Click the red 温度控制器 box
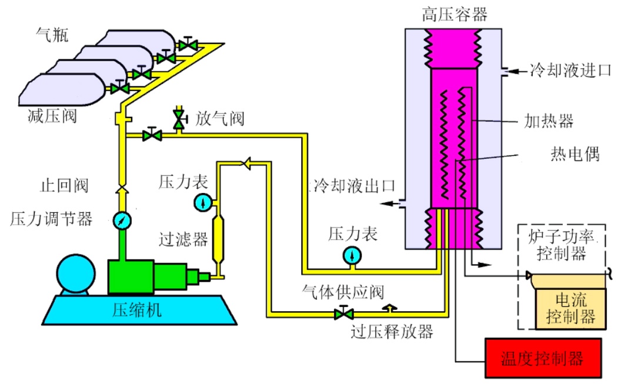pos(542,358)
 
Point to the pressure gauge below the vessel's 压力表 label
pos(352,255)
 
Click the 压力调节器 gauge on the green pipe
pos(122,221)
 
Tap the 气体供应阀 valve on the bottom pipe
pos(340,313)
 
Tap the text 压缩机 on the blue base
pos(136,310)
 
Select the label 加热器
pos(548,122)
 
